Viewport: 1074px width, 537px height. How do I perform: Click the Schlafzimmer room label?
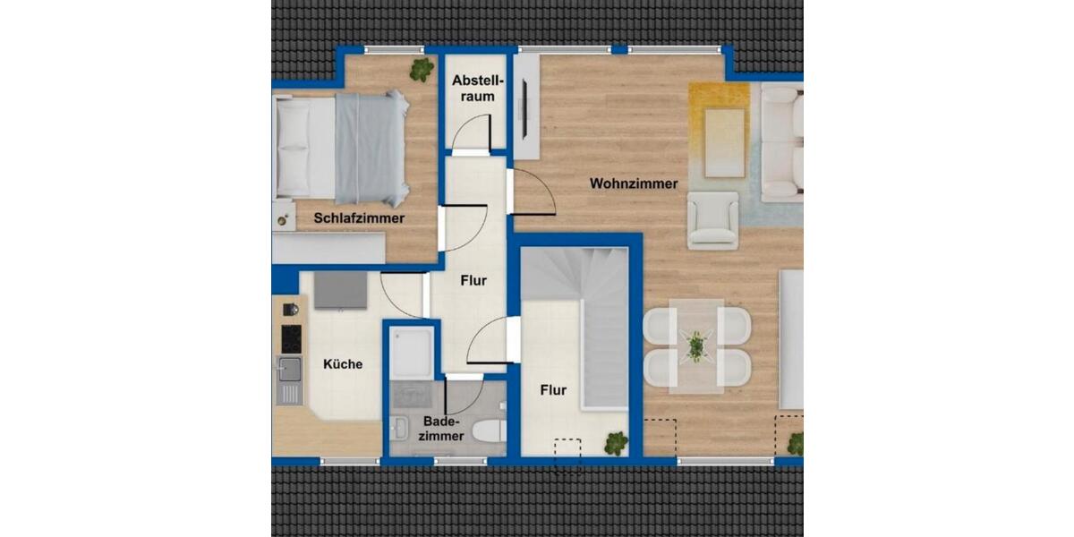359,217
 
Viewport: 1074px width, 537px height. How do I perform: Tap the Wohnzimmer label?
633,183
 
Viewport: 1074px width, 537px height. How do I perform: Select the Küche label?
343,364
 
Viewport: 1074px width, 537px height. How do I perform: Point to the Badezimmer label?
443,429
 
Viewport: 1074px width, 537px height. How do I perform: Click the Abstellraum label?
473,88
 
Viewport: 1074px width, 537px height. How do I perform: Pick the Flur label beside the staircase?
553,390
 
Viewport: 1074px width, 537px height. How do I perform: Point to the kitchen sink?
288,370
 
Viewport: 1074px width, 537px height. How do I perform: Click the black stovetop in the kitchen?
291,338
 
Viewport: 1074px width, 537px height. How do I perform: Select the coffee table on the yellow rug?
725,141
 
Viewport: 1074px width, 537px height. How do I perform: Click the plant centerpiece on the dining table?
695,345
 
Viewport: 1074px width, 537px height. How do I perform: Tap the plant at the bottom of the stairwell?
616,442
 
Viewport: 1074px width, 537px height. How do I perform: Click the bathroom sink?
401,428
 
